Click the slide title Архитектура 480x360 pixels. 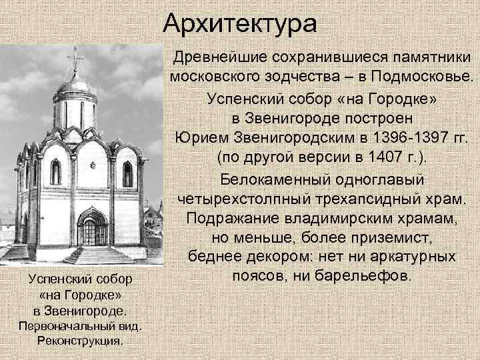coord(239,25)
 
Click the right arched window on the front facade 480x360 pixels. coord(127,173)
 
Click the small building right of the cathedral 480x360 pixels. coord(152,227)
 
